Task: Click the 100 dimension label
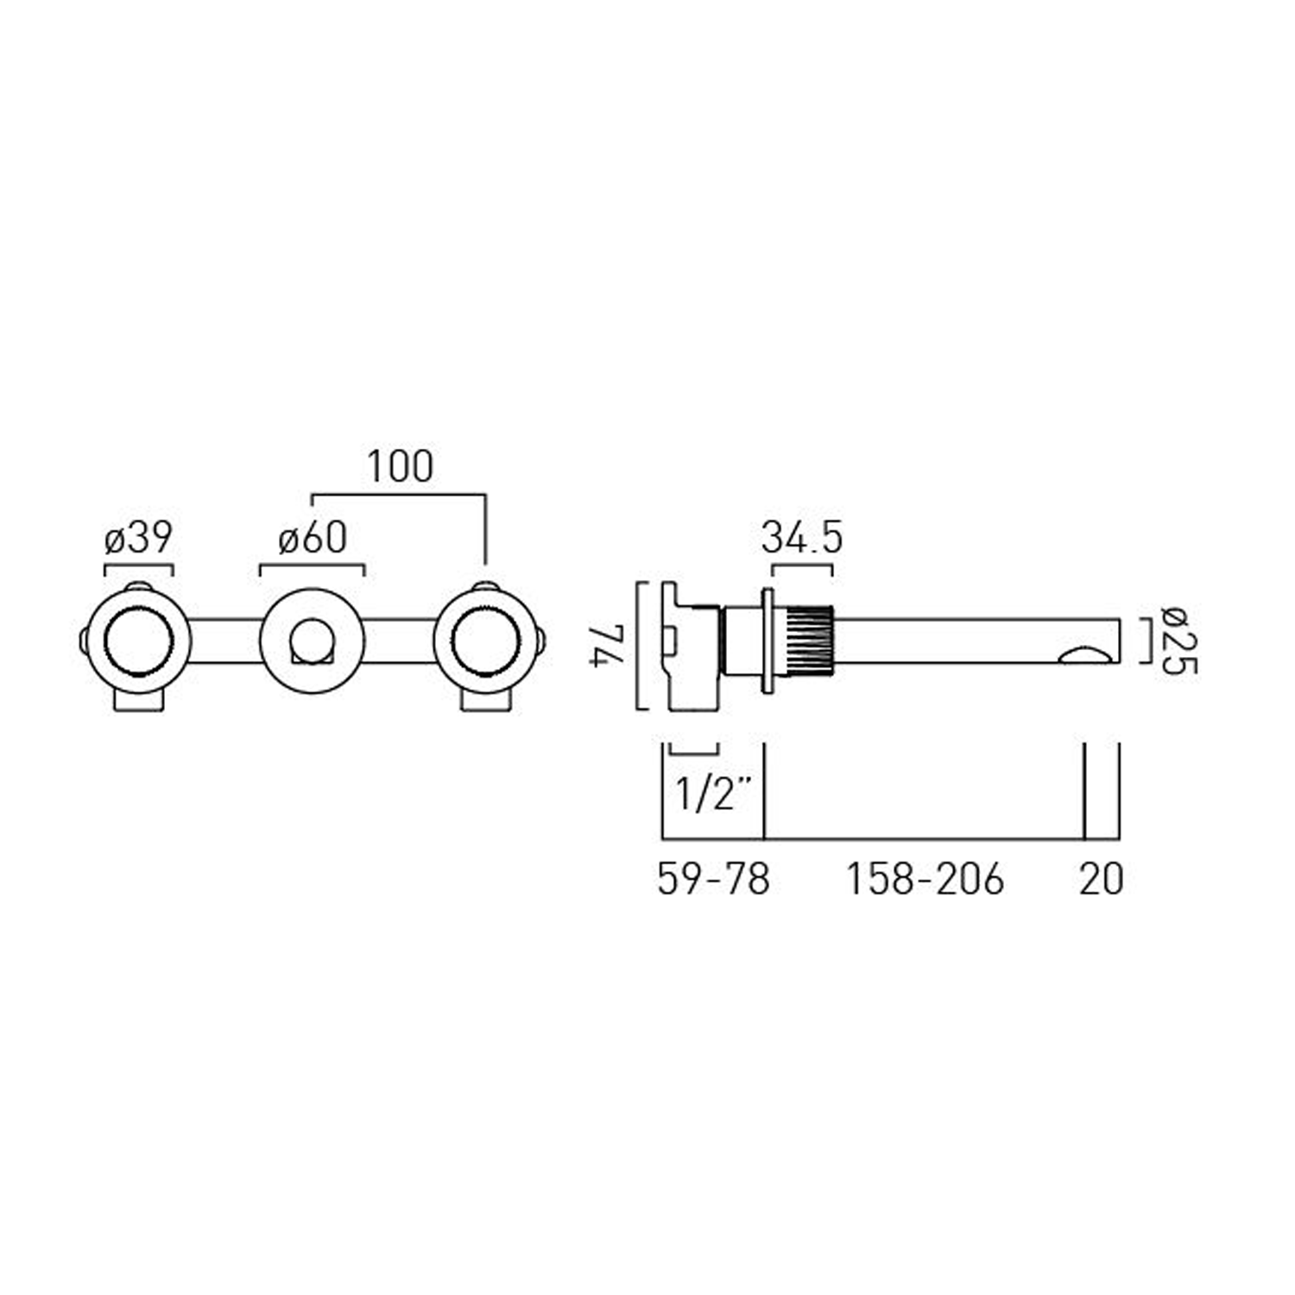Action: [400, 467]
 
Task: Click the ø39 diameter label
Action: [138, 539]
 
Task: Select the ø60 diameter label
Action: [313, 539]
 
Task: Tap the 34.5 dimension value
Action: [801, 539]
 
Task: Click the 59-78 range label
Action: [713, 880]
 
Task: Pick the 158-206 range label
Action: [924, 880]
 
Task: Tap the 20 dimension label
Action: [1101, 880]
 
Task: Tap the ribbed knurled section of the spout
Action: [807, 641]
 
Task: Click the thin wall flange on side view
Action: [766, 641]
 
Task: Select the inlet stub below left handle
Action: [138, 701]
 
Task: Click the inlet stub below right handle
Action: [485, 701]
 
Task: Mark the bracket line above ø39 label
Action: [138, 565]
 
